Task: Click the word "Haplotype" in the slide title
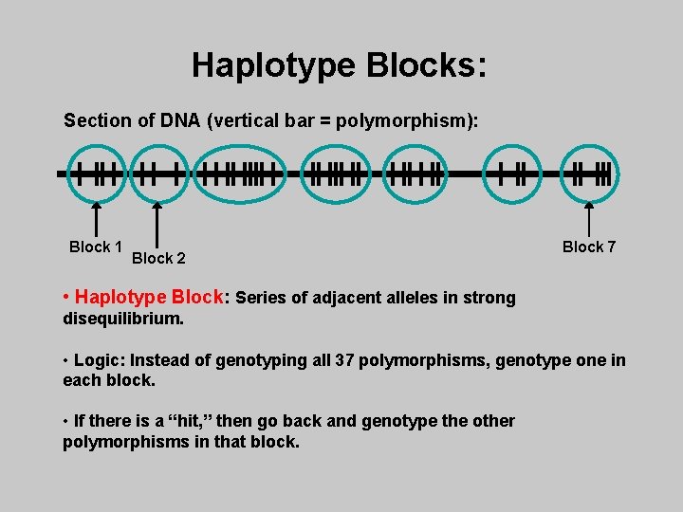coord(272,65)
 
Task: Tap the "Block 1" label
coord(95,247)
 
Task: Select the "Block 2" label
coord(158,258)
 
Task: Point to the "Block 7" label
coord(589,247)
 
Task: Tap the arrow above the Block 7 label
coord(589,215)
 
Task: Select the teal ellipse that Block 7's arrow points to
coord(589,174)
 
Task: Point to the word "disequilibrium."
coord(123,319)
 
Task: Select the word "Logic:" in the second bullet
coord(99,361)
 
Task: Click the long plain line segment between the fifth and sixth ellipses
coord(465,174)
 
